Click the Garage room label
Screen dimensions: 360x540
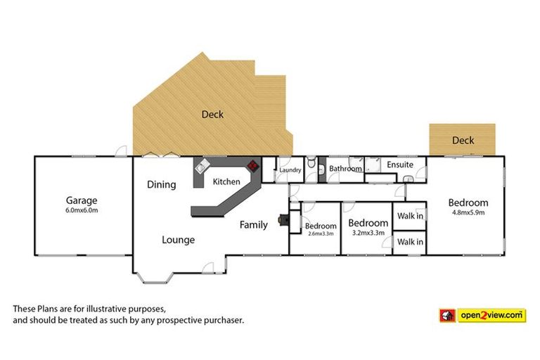coord(82,199)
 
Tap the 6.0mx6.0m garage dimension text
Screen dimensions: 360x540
coord(82,210)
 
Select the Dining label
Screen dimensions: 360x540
coord(161,184)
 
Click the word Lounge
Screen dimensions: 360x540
coord(178,240)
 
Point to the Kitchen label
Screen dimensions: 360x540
coord(226,182)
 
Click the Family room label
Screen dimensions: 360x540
coord(253,225)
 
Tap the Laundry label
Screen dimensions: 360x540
coord(290,170)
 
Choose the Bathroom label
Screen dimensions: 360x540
coord(345,169)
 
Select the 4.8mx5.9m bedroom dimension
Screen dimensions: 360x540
coord(468,212)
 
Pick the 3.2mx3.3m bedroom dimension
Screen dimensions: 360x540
coord(368,233)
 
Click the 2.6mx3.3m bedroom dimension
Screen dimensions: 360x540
coord(320,233)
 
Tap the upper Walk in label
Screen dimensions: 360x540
coord(410,216)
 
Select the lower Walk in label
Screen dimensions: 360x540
coord(410,242)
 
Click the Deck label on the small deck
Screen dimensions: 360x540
coord(463,141)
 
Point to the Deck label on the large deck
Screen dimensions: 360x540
coord(212,114)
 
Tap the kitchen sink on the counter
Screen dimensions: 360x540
coord(202,169)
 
